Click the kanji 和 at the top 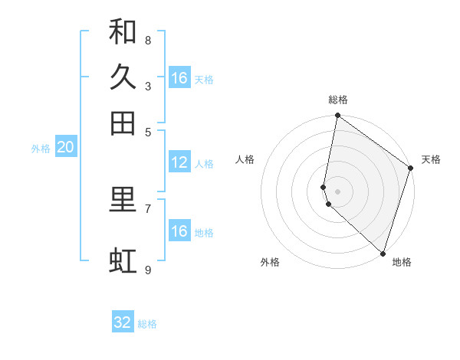123,31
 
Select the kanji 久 123,77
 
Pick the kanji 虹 123,261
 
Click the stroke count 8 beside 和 147,40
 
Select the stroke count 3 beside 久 147,86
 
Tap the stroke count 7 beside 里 147,208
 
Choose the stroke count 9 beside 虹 147,270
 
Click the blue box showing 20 65,147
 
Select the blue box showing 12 179,162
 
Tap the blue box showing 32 123,322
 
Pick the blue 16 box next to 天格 179,78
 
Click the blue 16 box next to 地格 179,231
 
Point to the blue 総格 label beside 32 147,324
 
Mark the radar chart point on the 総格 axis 337,116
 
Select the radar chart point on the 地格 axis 382,254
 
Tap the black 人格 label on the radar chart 245,159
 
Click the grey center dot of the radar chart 337,191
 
